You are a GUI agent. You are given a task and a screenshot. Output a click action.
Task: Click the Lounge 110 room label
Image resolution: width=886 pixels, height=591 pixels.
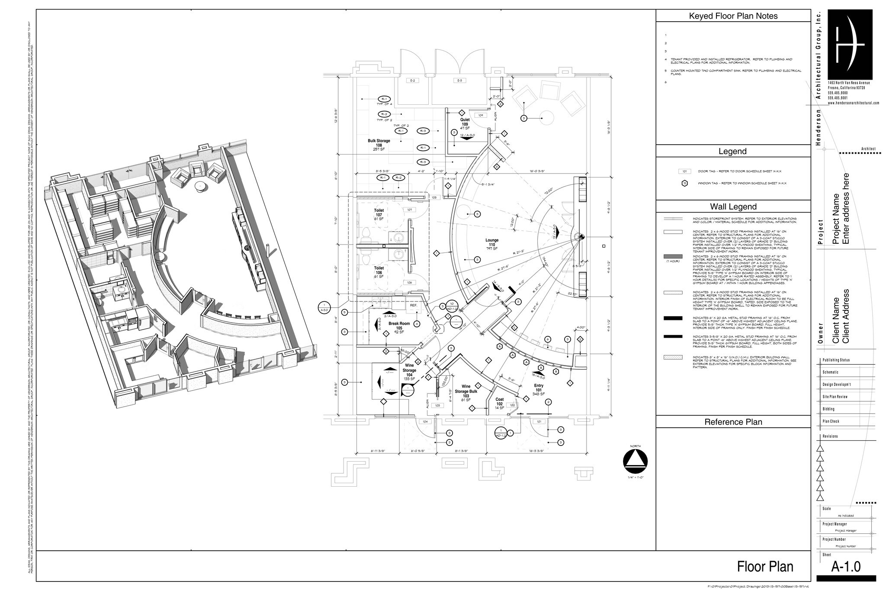pos(492,245)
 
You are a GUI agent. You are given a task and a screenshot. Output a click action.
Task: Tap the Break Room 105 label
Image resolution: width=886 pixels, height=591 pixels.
pos(399,328)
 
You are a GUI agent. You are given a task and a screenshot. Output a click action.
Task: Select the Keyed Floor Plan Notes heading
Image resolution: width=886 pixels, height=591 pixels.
pos(733,16)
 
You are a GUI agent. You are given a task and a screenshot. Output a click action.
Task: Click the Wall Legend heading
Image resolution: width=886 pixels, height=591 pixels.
pos(733,207)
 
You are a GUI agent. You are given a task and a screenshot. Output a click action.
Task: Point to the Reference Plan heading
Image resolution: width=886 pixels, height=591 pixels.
pos(733,422)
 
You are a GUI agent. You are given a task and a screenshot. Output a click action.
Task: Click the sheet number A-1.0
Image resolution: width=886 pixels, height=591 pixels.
pos(846,567)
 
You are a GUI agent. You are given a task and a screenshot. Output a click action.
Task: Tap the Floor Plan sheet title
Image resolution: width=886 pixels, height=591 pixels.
pos(765,567)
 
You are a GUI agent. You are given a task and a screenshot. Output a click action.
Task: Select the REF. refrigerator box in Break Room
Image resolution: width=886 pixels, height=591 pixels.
pos(414,305)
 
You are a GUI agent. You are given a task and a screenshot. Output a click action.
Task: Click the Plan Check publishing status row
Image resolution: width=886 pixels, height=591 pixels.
pos(831,421)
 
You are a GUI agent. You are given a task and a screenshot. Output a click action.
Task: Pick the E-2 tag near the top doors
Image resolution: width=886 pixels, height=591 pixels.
pos(412,81)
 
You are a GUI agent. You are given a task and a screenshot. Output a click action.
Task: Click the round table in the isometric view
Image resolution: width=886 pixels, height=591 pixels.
pos(201,186)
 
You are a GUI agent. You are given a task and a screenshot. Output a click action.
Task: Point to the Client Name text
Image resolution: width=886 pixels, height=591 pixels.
pos(836,320)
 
